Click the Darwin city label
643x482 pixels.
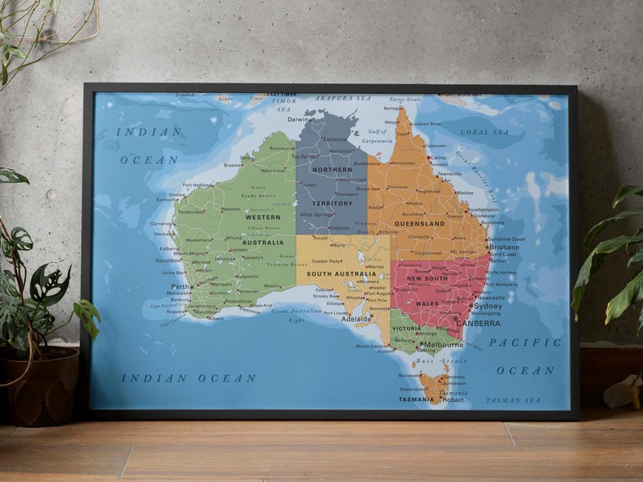[298, 120]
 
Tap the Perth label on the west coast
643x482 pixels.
[181, 286]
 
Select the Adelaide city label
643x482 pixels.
[356, 319]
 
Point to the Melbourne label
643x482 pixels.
[444, 345]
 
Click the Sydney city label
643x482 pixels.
[488, 307]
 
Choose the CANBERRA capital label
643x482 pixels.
[478, 323]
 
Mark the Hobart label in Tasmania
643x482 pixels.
[454, 400]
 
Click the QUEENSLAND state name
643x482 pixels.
[419, 223]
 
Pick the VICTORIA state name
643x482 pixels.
[406, 329]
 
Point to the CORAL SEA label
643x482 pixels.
[486, 132]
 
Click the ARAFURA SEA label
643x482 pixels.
[343, 98]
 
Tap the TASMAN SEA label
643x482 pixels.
[513, 400]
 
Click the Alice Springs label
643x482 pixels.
[314, 214]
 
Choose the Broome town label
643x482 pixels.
[233, 165]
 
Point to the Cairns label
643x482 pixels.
[438, 158]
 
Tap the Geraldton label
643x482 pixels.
[168, 260]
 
